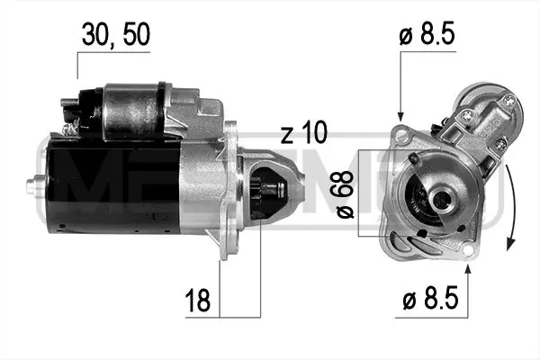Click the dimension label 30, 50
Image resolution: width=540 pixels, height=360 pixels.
[x=116, y=34]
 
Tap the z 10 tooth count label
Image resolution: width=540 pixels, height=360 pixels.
[x=304, y=133]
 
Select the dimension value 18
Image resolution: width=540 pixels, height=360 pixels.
[x=198, y=300]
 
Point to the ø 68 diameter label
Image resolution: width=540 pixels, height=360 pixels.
[x=345, y=194]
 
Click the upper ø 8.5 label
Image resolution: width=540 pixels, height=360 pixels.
[x=427, y=33]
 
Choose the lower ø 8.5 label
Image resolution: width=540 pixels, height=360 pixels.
[x=430, y=298]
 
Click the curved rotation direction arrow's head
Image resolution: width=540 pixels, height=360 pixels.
[x=510, y=244]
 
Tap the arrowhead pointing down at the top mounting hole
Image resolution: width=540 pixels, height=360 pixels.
[x=400, y=116]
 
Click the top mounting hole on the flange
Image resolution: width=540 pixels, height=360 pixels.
[x=400, y=132]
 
